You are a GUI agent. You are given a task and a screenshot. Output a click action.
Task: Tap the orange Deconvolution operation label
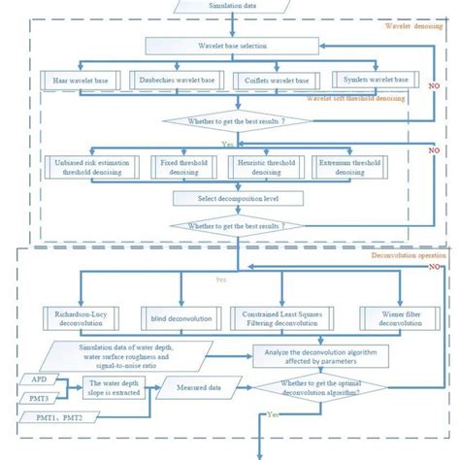408,255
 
